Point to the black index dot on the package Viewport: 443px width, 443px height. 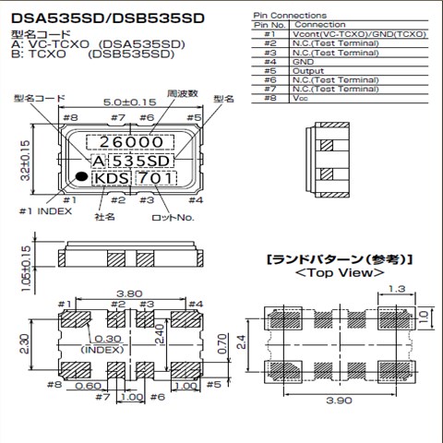pos(82,176)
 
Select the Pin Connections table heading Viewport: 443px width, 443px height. pos(289,16)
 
